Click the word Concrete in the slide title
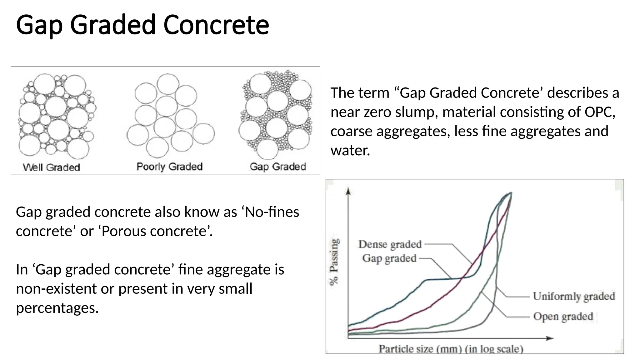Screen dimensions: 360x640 (216, 25)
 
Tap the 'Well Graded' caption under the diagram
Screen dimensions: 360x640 (52, 167)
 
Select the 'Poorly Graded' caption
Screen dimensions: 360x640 (169, 167)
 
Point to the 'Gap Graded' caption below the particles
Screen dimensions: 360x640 (278, 167)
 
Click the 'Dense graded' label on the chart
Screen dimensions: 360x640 (390, 244)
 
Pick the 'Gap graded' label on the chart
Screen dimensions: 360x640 (389, 258)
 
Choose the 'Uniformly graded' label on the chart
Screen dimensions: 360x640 (574, 296)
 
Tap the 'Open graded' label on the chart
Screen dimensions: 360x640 (563, 316)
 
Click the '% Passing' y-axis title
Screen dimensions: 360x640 (334, 262)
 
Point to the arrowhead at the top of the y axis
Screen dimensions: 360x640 (348, 190)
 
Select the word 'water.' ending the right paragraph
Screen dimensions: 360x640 (350, 150)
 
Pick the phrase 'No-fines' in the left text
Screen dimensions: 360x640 (272, 212)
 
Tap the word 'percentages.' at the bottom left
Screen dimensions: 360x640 (57, 308)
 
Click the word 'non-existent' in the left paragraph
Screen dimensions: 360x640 (56, 289)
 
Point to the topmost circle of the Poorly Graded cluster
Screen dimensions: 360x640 (168, 83)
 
